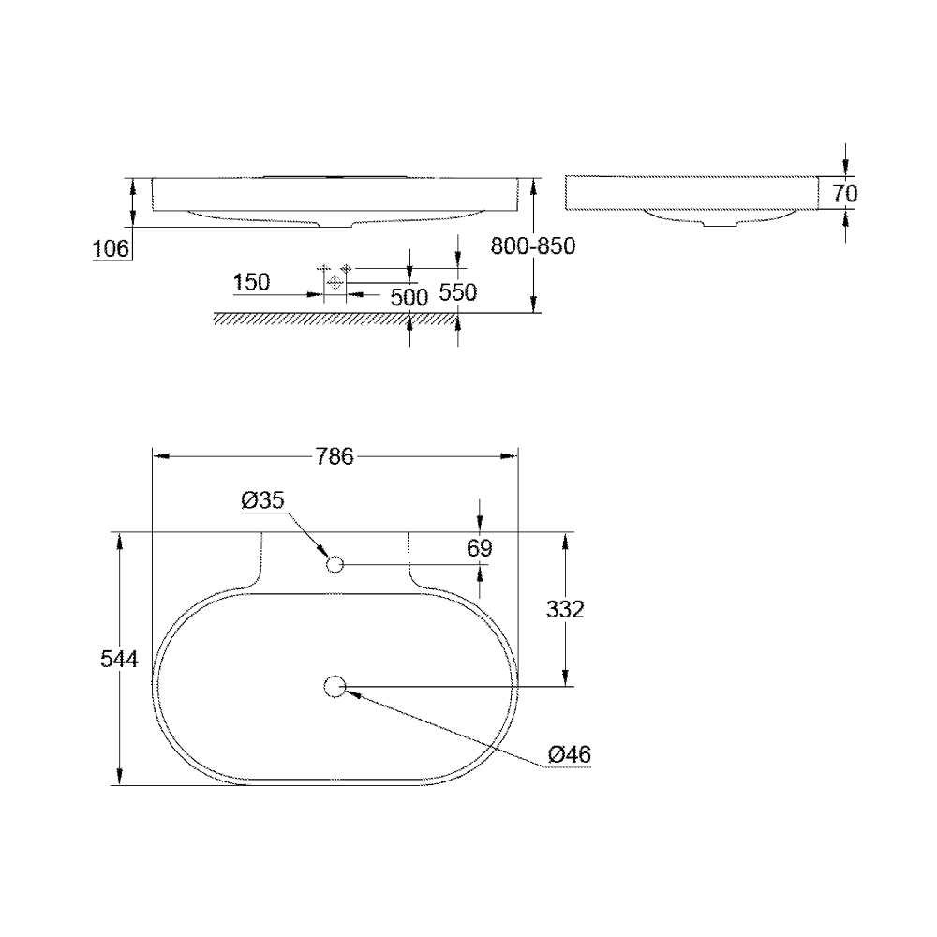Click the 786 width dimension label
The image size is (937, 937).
pyautogui.click(x=335, y=456)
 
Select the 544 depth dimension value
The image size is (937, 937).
pyautogui.click(x=119, y=660)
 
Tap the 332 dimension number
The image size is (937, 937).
pyautogui.click(x=564, y=610)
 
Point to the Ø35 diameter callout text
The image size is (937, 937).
pyautogui.click(x=261, y=501)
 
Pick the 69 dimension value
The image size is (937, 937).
pyautogui.click(x=479, y=547)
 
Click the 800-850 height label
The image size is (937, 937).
pyautogui.click(x=532, y=245)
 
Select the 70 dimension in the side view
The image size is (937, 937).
pyautogui.click(x=844, y=194)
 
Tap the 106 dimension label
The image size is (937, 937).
pyautogui.click(x=111, y=248)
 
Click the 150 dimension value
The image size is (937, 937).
pyautogui.click(x=251, y=281)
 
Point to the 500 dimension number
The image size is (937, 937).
pyautogui.click(x=409, y=297)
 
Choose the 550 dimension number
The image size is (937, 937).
pyautogui.click(x=458, y=292)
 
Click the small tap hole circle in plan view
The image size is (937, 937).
pyautogui.click(x=335, y=564)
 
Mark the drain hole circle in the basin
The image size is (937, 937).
pyautogui.click(x=335, y=687)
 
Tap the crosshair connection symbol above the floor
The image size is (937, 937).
pyautogui.click(x=335, y=281)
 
